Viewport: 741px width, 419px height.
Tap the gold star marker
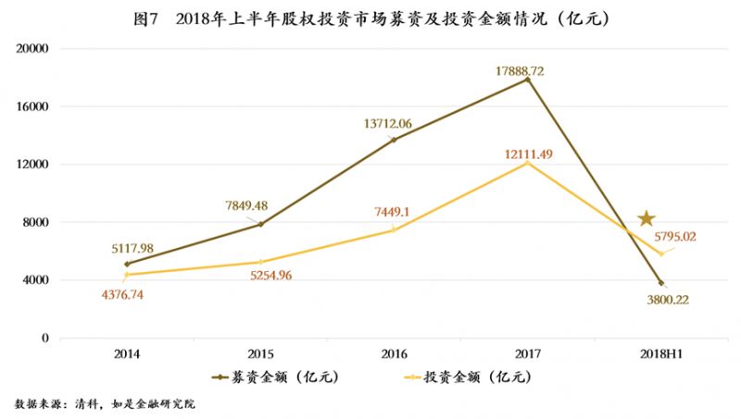click(647, 218)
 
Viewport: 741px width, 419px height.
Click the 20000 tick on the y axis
click(33, 49)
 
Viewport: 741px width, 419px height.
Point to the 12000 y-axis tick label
click(33, 165)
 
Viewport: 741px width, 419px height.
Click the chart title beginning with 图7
click(370, 18)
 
